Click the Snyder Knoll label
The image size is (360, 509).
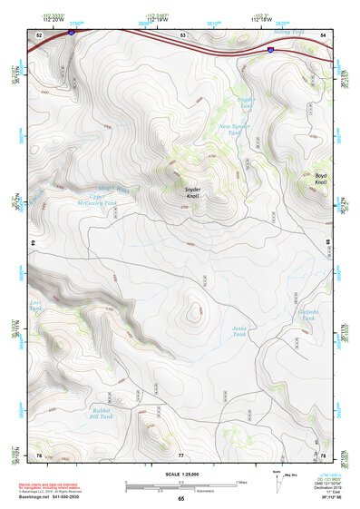coord(186,192)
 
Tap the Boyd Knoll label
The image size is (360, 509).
coord(320,179)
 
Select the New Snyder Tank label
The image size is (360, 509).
coord(234,130)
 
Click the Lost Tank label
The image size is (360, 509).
coord(36,306)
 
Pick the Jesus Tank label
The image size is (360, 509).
coord(238,331)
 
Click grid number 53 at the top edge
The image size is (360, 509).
coord(183,34)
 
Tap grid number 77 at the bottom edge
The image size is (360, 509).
coord(180,454)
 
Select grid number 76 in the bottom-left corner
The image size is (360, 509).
coord(39,454)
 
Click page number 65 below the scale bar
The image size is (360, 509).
coord(180,498)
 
